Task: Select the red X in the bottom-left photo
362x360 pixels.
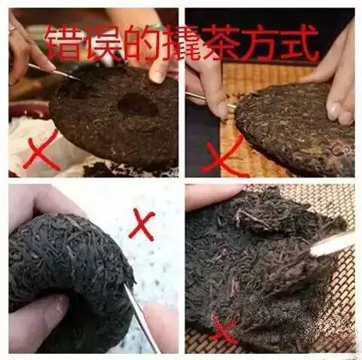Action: (142, 224)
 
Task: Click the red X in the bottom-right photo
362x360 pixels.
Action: (222, 328)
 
